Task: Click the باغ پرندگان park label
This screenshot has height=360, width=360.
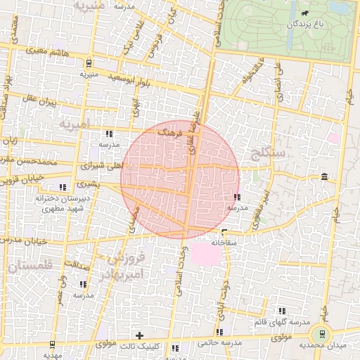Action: click(x=307, y=25)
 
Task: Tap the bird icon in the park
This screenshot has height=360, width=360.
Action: click(x=304, y=13)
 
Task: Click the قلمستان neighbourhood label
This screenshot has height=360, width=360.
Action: click(x=28, y=266)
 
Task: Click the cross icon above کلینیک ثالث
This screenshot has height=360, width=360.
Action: click(x=139, y=335)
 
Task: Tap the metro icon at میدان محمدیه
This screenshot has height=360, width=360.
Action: click(x=322, y=334)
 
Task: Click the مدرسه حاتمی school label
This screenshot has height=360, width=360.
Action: click(x=219, y=342)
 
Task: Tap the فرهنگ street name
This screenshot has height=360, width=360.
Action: click(x=170, y=131)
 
